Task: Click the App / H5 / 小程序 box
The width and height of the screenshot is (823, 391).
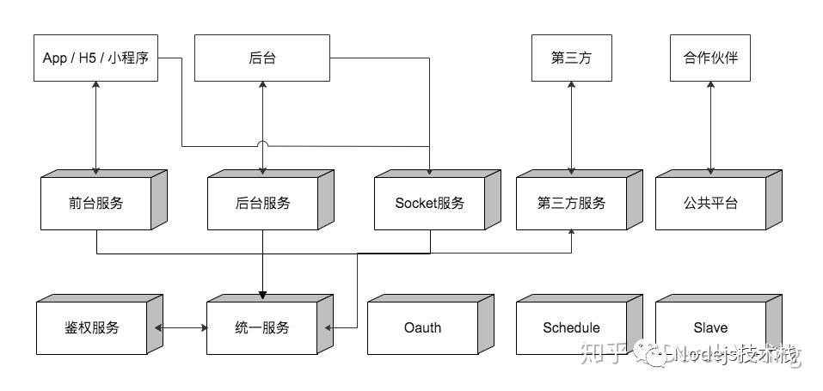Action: click(x=95, y=58)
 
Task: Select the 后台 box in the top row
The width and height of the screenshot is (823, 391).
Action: click(x=261, y=58)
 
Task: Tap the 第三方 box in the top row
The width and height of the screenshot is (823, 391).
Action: click(x=571, y=58)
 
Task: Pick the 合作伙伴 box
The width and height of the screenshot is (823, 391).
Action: click(x=710, y=58)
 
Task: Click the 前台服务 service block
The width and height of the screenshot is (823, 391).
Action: click(x=95, y=204)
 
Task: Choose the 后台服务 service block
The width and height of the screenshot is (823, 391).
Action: click(x=262, y=204)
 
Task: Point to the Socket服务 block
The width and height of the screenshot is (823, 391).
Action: click(x=429, y=204)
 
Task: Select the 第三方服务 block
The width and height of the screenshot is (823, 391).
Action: click(x=571, y=204)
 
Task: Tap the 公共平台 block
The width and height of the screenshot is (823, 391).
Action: click(x=710, y=204)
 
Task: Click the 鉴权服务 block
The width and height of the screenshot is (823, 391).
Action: click(x=91, y=327)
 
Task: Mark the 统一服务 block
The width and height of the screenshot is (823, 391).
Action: click(x=262, y=327)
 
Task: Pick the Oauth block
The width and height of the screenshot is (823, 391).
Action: click(x=422, y=327)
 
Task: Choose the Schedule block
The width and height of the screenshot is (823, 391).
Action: click(x=571, y=327)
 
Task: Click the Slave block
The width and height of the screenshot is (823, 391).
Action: click(x=710, y=327)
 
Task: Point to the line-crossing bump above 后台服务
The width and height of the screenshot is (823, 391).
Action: click(x=262, y=144)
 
